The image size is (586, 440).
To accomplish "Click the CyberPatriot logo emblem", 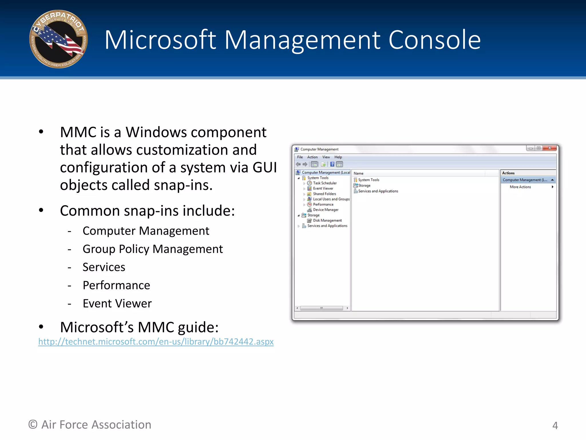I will coord(58,39).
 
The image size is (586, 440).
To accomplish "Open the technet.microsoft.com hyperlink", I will coord(156,341).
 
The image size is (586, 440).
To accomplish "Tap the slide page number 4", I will coord(555,425).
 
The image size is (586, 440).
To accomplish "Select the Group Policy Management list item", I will coord(153,249).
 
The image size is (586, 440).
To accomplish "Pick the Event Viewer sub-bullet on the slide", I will coord(117,303).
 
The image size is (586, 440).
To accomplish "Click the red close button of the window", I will coord(550,148).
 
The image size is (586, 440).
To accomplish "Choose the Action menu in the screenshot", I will coord(312,157).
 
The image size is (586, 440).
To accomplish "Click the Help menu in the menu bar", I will coord(338,157).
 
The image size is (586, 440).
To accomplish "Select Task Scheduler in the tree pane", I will coord(324,183).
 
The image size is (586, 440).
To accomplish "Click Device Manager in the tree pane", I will coord(325,210).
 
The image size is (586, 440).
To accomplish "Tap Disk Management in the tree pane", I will coord(327,220).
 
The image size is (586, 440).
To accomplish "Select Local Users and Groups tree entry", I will coord(331,199).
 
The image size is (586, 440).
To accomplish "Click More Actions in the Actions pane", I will coord(520,187).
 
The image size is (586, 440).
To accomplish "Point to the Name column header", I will coord(359,173).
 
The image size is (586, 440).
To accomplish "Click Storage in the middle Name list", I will coord(364,185).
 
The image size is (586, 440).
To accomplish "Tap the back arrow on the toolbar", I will coord(298,164).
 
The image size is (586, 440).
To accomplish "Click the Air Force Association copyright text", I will coord(90,425).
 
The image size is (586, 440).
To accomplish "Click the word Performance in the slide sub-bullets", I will coord(116,285).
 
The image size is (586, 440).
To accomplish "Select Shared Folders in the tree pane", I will coord(324,194).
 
